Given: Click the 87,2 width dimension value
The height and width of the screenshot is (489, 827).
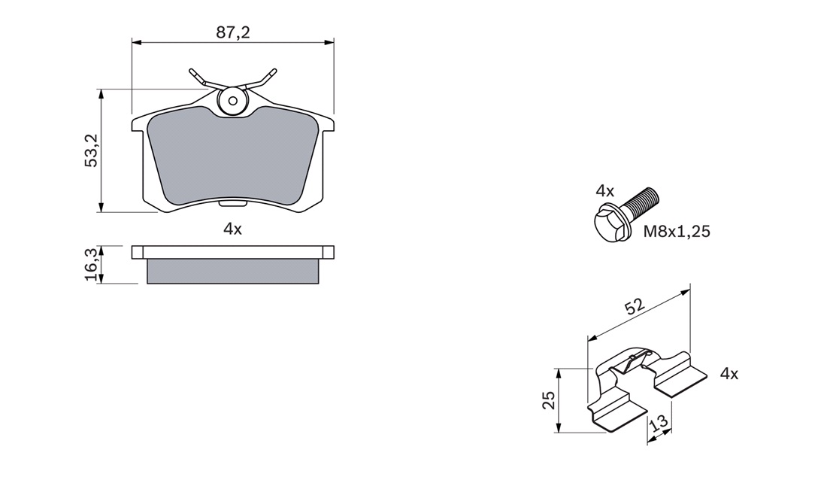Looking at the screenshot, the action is pyautogui.click(x=232, y=32).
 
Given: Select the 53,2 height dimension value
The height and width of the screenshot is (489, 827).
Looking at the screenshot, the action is pyautogui.click(x=92, y=150).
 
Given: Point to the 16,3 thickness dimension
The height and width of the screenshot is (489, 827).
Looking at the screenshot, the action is pyautogui.click(x=91, y=266).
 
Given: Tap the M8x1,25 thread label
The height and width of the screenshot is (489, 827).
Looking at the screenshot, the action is pyautogui.click(x=677, y=231).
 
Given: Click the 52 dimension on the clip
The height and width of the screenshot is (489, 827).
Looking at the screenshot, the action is pyautogui.click(x=635, y=307).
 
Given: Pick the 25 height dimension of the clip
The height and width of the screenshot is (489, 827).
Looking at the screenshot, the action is pyautogui.click(x=549, y=400).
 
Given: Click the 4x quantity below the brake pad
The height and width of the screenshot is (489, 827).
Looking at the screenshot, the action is pyautogui.click(x=232, y=229).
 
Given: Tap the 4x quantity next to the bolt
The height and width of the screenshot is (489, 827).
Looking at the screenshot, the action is pyautogui.click(x=605, y=190).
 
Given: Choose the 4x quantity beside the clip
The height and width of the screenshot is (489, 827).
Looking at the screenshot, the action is pyautogui.click(x=729, y=374).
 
